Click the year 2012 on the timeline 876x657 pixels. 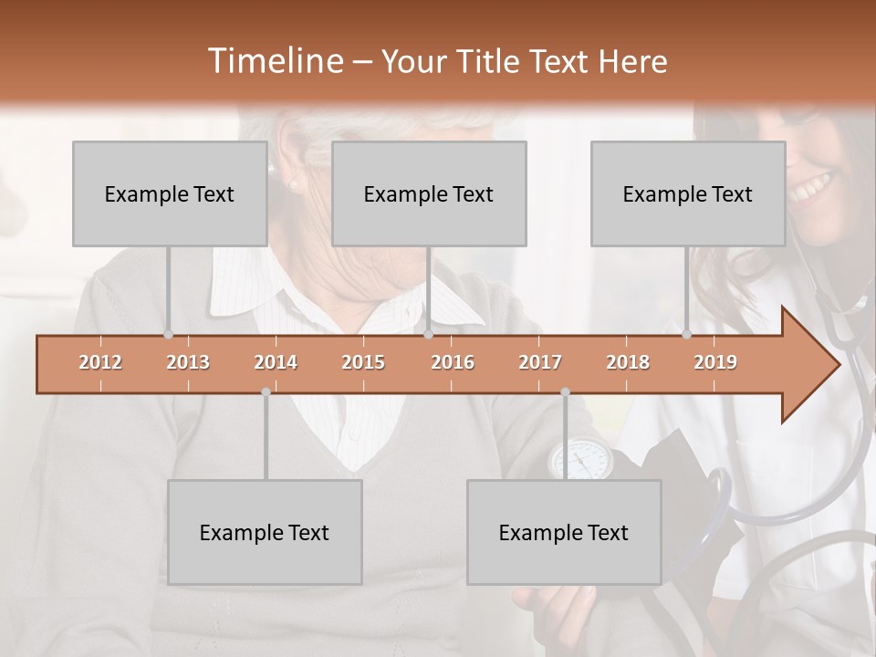pyautogui.click(x=100, y=362)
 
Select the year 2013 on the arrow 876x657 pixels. pyautogui.click(x=188, y=362)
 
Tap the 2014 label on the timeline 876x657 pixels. pyautogui.click(x=276, y=362)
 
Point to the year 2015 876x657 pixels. pyautogui.click(x=363, y=362)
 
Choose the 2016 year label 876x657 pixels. pyautogui.click(x=453, y=362)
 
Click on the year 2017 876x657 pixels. pyautogui.click(x=540, y=362)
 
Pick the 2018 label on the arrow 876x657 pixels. pyautogui.click(x=628, y=362)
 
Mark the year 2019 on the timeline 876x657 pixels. pyautogui.click(x=715, y=362)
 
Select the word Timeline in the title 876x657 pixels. pyautogui.click(x=273, y=61)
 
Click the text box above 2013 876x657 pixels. pyautogui.click(x=170, y=193)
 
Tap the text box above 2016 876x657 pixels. pyautogui.click(x=429, y=193)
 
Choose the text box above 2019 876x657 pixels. pyautogui.click(x=688, y=193)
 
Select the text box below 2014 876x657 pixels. pyautogui.click(x=265, y=532)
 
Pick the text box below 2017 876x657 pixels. pyautogui.click(x=564, y=532)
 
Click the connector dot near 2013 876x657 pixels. pyautogui.click(x=168, y=335)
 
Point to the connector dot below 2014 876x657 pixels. pyautogui.click(x=266, y=391)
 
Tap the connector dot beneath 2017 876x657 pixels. pyautogui.click(x=565, y=391)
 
